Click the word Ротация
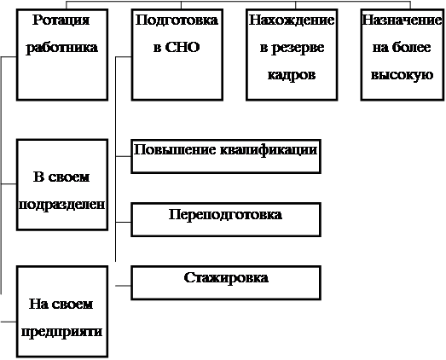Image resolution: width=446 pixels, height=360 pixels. tap(61, 20)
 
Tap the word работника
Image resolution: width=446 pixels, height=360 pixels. tap(62, 48)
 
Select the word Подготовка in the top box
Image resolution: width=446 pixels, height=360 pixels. tap(177, 20)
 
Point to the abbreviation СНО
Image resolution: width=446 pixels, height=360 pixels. tap(182, 47)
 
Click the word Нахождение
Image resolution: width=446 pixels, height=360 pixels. tap(292, 20)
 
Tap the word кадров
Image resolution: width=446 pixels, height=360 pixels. tap(292, 75)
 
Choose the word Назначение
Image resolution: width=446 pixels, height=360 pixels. tap(402, 20)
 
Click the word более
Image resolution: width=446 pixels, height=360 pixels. tap(412, 47)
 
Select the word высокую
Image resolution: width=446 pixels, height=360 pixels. tap(402, 75)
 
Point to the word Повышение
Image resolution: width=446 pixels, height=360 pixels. tap(175, 150)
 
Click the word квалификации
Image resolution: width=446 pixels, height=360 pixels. tap(269, 150)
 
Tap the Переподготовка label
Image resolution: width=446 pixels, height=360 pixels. tap(226, 215)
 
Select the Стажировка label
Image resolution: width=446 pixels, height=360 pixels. tap(226, 278)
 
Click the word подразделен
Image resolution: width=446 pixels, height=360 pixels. tap(61, 205)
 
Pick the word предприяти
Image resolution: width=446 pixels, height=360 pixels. tap(61, 332)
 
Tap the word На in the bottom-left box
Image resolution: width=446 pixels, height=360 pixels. tap(38, 305)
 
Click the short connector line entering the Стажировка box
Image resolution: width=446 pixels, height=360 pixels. tap(123, 286)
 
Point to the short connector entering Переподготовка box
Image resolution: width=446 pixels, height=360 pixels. tap(123, 222)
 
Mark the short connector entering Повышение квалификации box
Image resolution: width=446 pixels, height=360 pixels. tap(123, 156)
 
